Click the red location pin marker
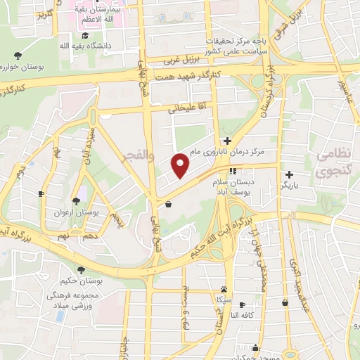[x=181, y=165]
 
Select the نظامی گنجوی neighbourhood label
[x=336, y=162]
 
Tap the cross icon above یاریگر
[x=288, y=174]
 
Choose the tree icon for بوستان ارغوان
[x=76, y=201]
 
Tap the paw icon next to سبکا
[x=224, y=289]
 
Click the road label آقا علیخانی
[x=184, y=109]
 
